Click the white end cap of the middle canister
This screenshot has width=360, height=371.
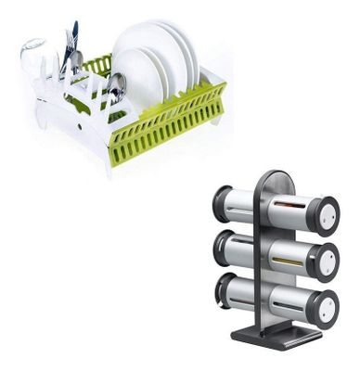pyautogui.click(x=328, y=258)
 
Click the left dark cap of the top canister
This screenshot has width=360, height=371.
pyautogui.click(x=222, y=199)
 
